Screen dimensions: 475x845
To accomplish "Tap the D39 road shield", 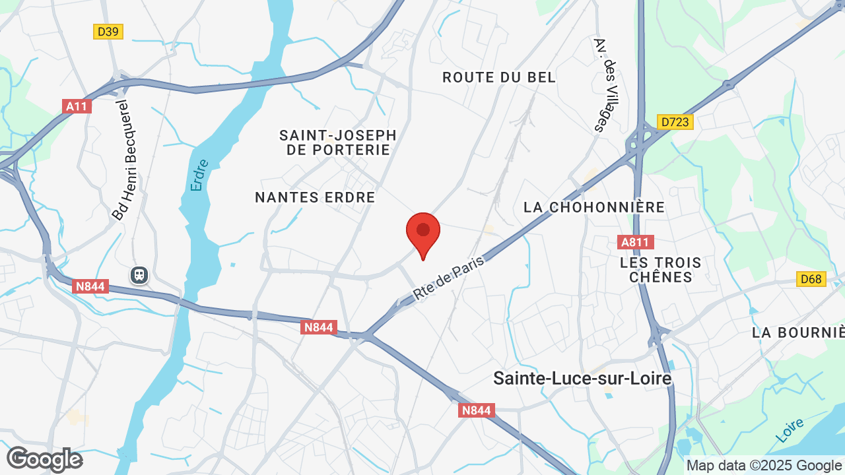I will click(x=108, y=31).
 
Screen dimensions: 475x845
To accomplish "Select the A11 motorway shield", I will click(x=77, y=106).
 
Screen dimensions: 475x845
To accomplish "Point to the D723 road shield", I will click(x=675, y=122).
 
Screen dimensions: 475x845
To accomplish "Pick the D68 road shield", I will click(x=811, y=279).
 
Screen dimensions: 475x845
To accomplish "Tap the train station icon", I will click(x=139, y=274).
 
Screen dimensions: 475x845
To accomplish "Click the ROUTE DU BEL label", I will click(x=499, y=77).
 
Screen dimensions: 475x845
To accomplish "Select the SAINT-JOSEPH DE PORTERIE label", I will click(x=338, y=142).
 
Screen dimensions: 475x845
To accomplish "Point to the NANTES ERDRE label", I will click(x=315, y=197).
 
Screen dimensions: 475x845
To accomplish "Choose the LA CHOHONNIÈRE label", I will click(x=594, y=207).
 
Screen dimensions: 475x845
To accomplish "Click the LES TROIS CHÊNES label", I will click(x=661, y=270).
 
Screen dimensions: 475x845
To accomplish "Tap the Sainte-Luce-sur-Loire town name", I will click(x=582, y=379).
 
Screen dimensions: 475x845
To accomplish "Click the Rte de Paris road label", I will click(x=449, y=278).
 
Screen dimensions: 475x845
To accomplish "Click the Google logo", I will click(x=44, y=459).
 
